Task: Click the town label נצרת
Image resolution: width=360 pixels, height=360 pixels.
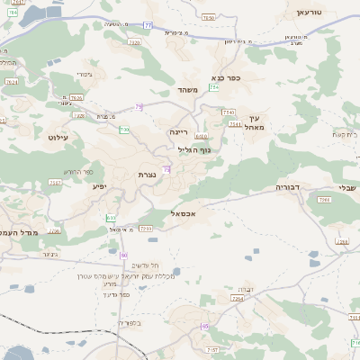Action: pos(149,173)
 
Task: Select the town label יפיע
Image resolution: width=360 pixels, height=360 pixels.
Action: pos(99,186)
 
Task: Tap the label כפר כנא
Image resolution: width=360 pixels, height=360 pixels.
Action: pos(225,78)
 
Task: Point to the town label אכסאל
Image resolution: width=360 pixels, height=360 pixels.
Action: pos(183,214)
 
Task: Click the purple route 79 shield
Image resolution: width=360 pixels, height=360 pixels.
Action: pos(139,107)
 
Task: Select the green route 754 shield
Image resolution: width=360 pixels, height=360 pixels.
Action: pos(213,87)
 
